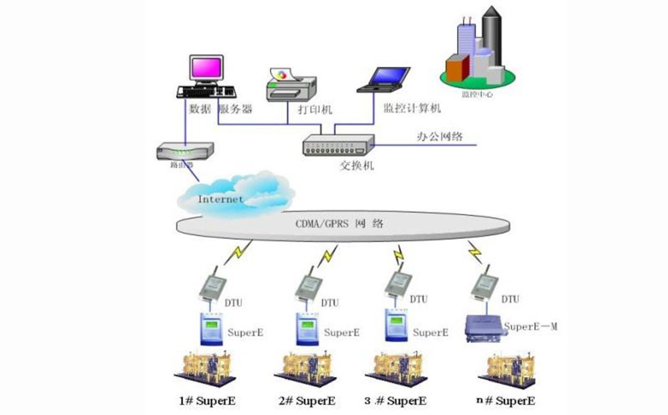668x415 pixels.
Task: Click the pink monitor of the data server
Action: click(204, 69)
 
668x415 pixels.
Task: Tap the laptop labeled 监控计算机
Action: click(383, 79)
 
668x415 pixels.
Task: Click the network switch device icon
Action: click(337, 146)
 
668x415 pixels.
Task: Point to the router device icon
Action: click(184, 151)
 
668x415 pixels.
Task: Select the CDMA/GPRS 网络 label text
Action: click(339, 225)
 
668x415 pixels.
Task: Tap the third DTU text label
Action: click(418, 299)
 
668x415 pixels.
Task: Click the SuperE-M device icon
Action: click(482, 329)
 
